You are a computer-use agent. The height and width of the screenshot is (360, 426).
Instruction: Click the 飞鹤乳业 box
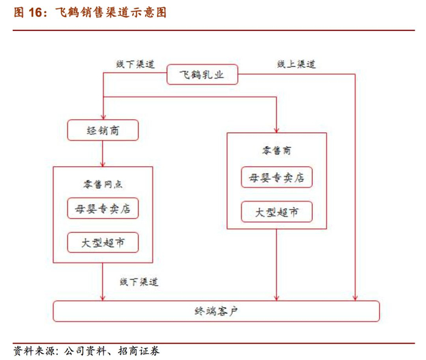pos(201,75)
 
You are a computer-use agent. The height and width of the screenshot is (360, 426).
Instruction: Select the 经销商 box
pos(103,130)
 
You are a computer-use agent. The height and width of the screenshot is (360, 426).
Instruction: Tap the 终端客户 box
pos(216,311)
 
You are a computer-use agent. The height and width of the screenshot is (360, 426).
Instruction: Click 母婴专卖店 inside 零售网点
pos(103,209)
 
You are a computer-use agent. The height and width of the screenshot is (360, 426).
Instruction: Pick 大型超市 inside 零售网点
pos(103,243)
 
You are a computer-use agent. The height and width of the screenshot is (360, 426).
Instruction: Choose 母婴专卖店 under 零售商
pos(277,178)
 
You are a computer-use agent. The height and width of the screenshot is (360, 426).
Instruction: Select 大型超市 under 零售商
pos(277,212)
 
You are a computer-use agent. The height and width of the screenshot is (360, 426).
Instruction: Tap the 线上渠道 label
pos(296,64)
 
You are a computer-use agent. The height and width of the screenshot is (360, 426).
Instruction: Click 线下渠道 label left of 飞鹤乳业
pos(136,64)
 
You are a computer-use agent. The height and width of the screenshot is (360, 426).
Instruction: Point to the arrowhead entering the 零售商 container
pos(277,129)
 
